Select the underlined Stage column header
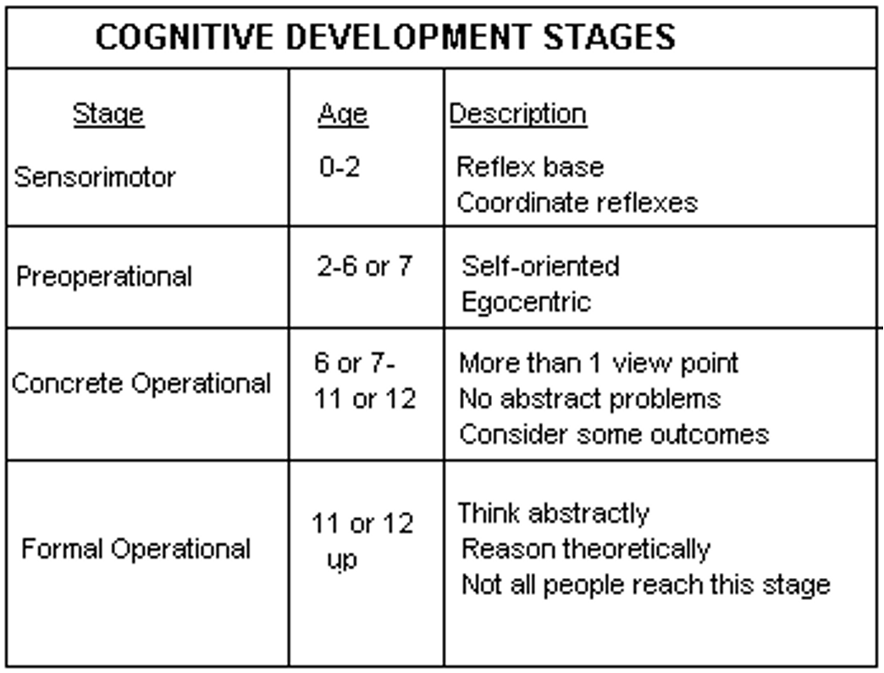pyautogui.click(x=108, y=114)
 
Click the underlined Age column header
pyautogui.click(x=343, y=114)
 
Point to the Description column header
pyautogui.click(x=518, y=114)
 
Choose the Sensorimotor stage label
pyautogui.click(x=95, y=177)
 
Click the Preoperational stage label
pyautogui.click(x=104, y=277)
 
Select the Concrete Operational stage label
pyautogui.click(x=141, y=384)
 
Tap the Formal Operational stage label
pyautogui.click(x=135, y=549)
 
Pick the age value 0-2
pyautogui.click(x=340, y=167)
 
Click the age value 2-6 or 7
pyautogui.click(x=365, y=266)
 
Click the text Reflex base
pyautogui.click(x=531, y=167)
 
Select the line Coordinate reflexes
pyautogui.click(x=577, y=203)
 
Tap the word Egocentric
pyautogui.click(x=526, y=303)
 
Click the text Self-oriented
pyautogui.click(x=540, y=266)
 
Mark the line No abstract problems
pyautogui.click(x=589, y=399)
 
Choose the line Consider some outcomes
pyautogui.click(x=614, y=435)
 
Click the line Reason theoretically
pyautogui.click(x=586, y=549)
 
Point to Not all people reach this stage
pyautogui.click(x=646, y=585)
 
